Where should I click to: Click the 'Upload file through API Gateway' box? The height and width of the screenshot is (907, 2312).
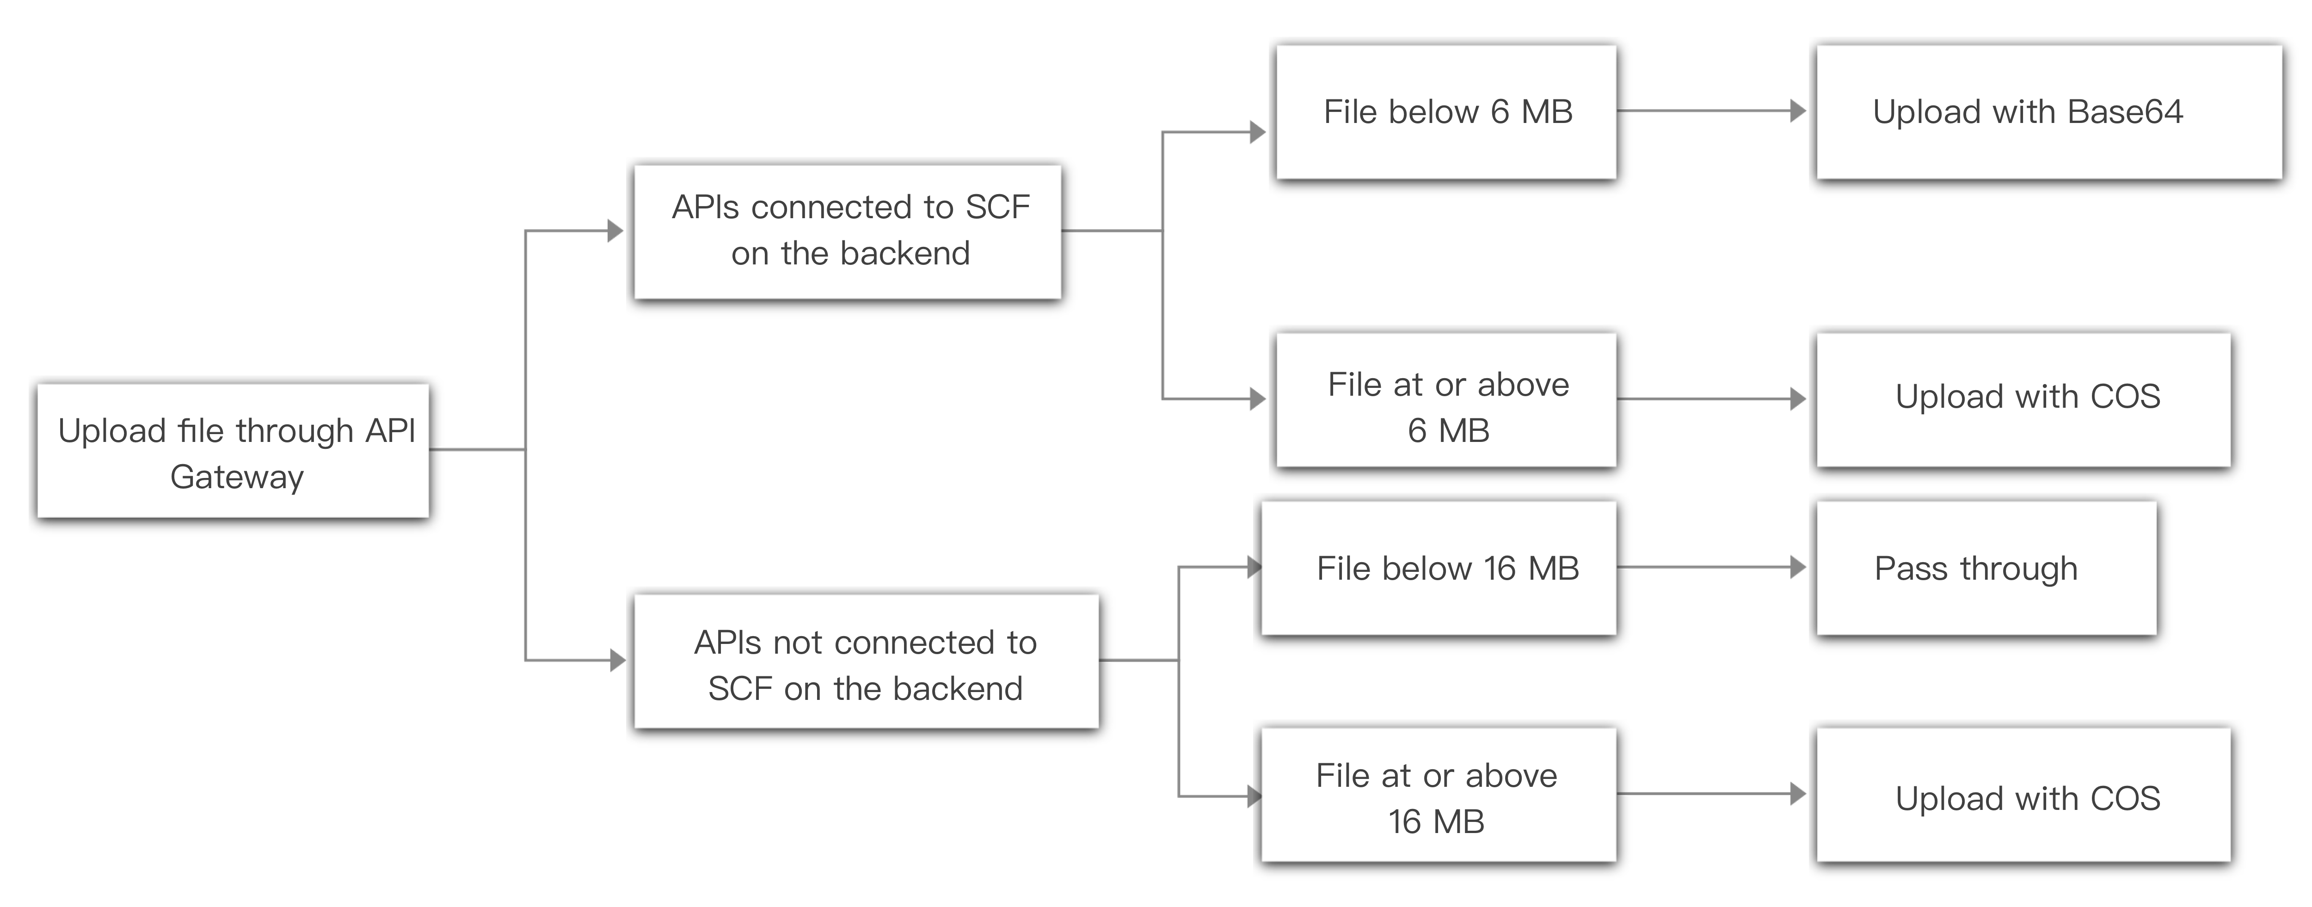233,450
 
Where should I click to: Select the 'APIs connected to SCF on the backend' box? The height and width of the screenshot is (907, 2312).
847,232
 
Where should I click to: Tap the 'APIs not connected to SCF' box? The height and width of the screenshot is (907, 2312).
866,661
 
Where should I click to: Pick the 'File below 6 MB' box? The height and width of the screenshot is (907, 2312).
1446,112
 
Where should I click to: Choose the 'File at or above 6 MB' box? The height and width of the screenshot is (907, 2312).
1446,400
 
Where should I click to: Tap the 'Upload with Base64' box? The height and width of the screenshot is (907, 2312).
2049,112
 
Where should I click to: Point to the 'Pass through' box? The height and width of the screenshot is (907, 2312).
1986,568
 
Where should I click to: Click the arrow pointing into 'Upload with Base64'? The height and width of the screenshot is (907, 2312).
1798,111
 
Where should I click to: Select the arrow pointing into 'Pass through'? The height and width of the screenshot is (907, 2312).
1798,567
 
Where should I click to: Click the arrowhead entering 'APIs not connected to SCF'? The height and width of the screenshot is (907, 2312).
617,660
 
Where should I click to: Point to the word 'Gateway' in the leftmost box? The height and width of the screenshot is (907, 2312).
237,477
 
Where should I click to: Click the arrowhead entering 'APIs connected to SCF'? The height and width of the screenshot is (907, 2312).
616,232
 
